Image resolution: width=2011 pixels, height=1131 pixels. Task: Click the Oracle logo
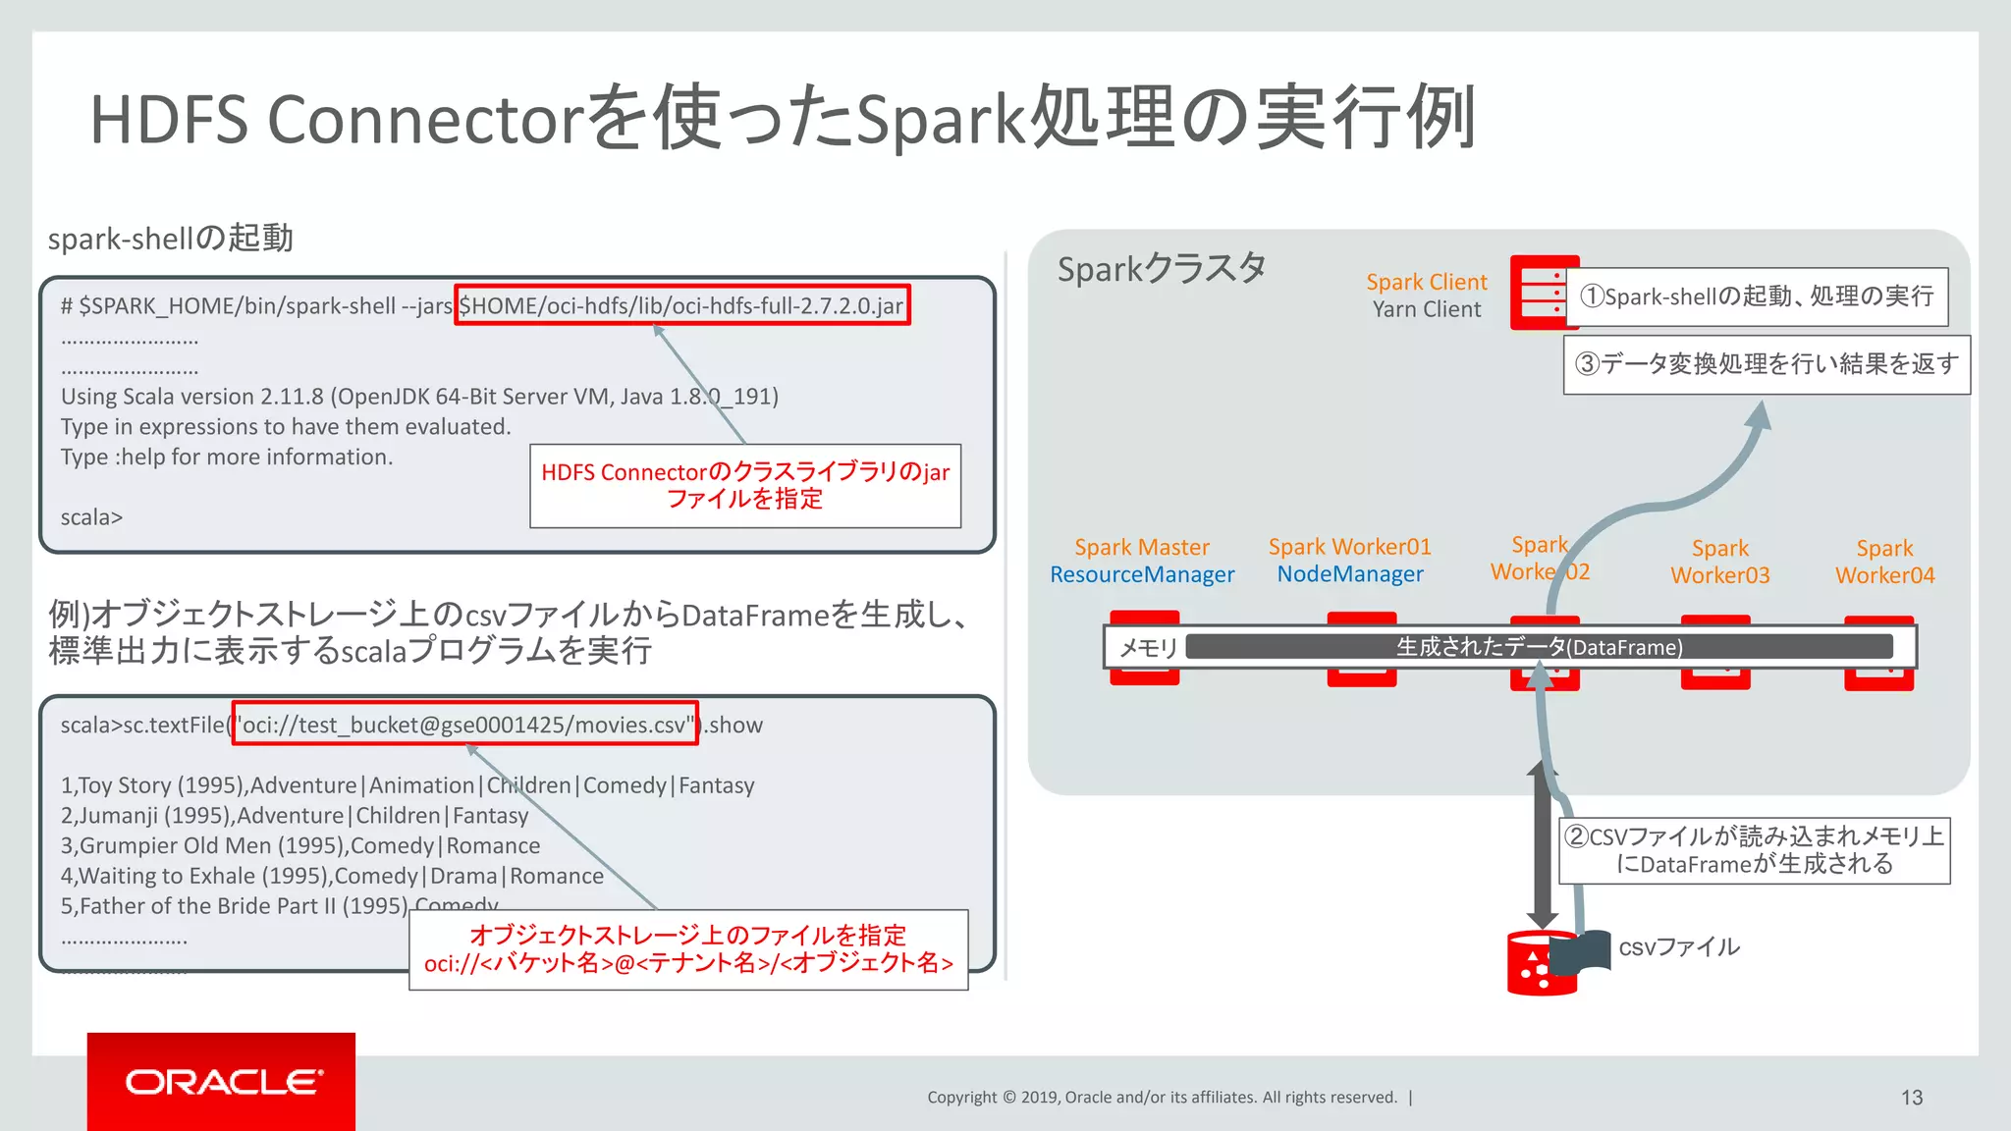pyautogui.click(x=222, y=1081)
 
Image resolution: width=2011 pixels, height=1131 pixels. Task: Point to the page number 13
pyautogui.click(x=1911, y=1098)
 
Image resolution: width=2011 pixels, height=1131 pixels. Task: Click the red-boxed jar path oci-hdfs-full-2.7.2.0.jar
pyautogui.click(x=681, y=305)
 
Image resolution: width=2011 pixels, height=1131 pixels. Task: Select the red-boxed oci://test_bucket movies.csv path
pyautogui.click(x=465, y=725)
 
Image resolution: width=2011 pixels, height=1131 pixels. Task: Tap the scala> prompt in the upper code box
pyautogui.click(x=91, y=517)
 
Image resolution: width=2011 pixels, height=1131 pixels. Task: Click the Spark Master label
pyautogui.click(x=1141, y=547)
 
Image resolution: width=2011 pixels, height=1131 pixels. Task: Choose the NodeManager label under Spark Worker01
pyautogui.click(x=1349, y=574)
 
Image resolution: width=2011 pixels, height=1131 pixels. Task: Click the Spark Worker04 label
pyautogui.click(x=1884, y=562)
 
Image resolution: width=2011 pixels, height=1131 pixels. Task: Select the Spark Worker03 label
pyautogui.click(x=1719, y=562)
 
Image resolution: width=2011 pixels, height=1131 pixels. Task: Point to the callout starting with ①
pyautogui.click(x=1757, y=296)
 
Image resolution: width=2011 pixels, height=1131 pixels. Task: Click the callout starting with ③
pyautogui.click(x=1766, y=364)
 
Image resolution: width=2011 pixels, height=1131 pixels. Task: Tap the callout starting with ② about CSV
pyautogui.click(x=1754, y=850)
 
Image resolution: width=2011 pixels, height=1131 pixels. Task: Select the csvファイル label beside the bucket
pyautogui.click(x=1678, y=947)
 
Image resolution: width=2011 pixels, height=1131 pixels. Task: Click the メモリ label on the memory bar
pyautogui.click(x=1147, y=648)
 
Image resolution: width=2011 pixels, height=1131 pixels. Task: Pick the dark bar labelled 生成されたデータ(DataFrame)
pyautogui.click(x=1538, y=647)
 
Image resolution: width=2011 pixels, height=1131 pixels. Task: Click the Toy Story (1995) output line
pyautogui.click(x=407, y=785)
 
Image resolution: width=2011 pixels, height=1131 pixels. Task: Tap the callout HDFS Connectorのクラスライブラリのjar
pyautogui.click(x=744, y=485)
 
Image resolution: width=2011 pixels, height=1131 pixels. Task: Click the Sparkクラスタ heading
pyautogui.click(x=1161, y=268)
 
